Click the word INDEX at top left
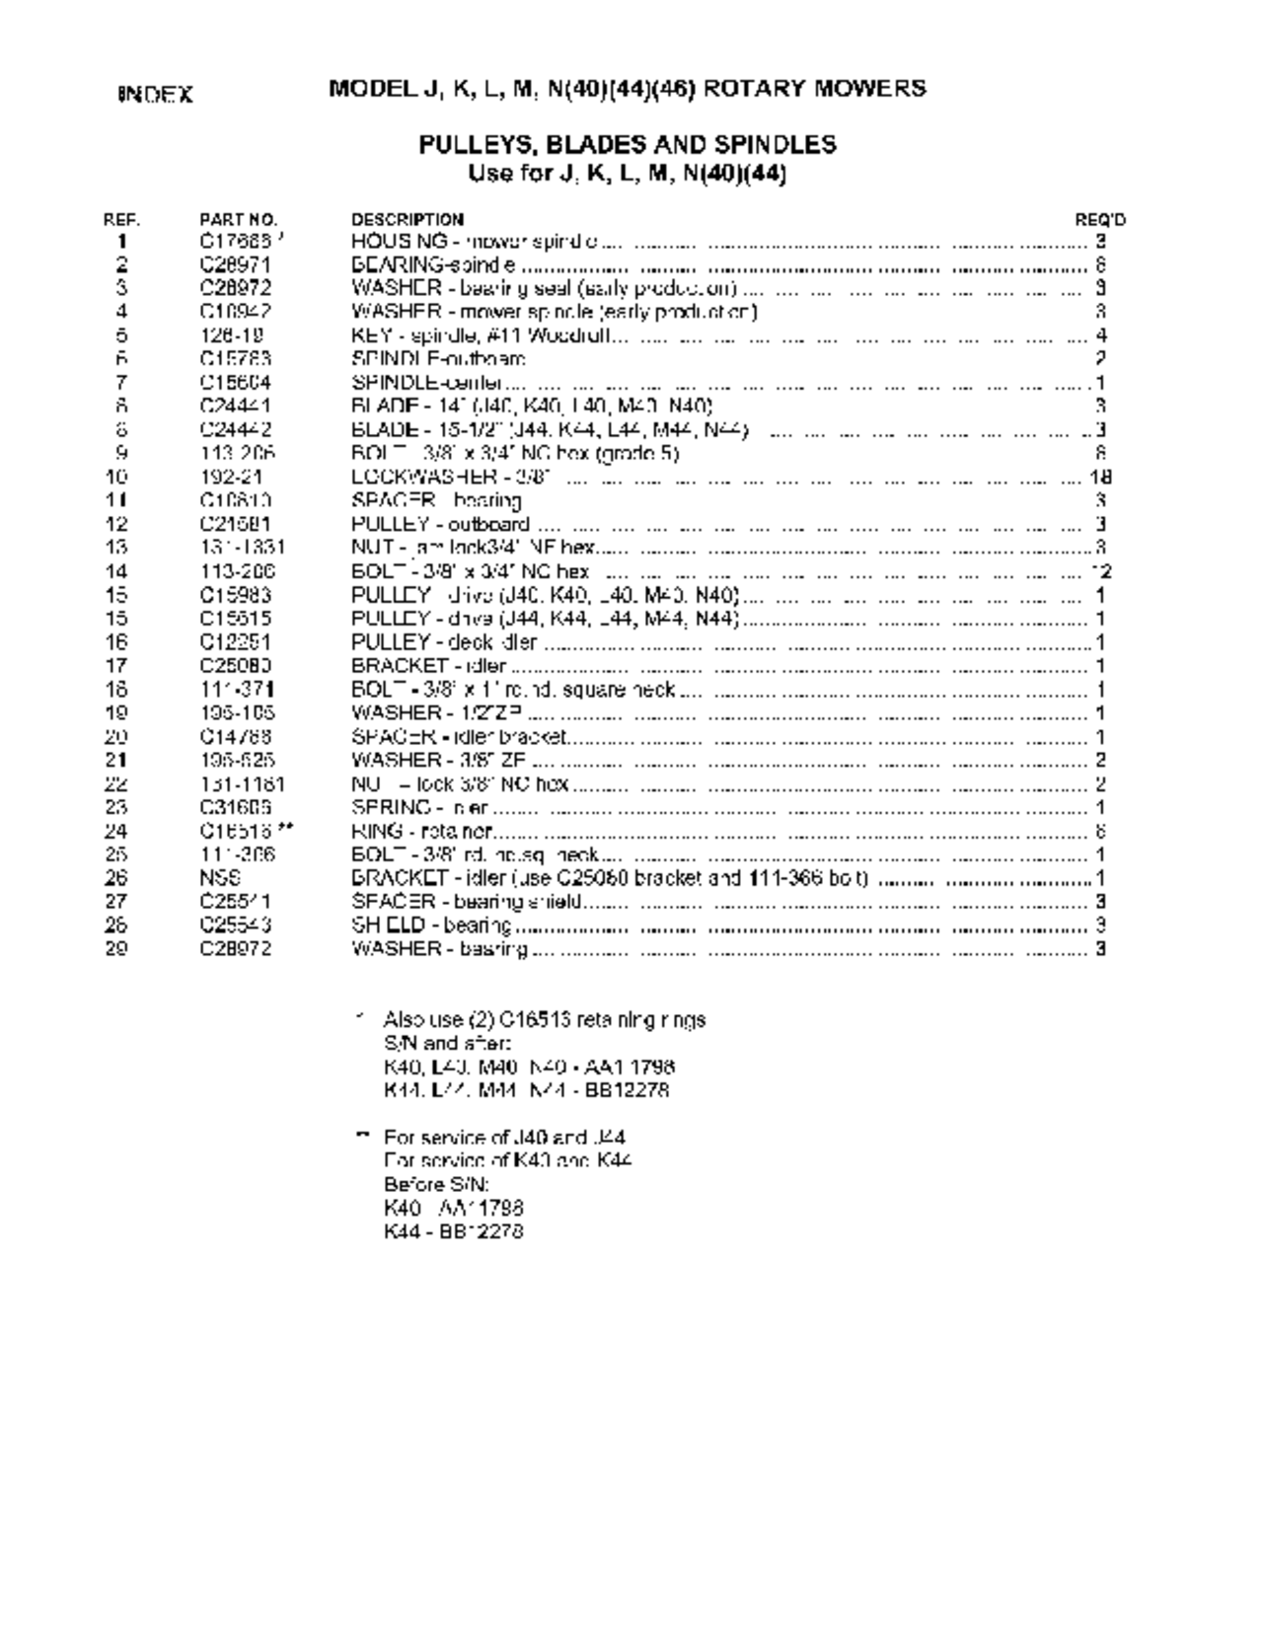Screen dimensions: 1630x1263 click(156, 95)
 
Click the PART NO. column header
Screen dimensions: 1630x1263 click(239, 219)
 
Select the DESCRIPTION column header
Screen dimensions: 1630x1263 click(408, 219)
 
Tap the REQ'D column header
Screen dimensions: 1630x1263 click(1100, 219)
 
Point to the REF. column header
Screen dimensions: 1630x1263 click(121, 219)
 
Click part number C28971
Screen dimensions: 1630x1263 click(235, 264)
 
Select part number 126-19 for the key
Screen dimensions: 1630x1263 click(230, 335)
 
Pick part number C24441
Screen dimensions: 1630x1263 click(235, 406)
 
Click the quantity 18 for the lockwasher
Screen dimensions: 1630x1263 click(1101, 478)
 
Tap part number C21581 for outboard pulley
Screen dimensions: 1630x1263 click(235, 524)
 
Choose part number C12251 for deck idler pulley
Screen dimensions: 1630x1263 click(235, 642)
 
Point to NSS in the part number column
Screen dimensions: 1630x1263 click(215, 878)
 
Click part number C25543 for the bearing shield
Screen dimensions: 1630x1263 click(235, 926)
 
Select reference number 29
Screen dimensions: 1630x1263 click(116, 949)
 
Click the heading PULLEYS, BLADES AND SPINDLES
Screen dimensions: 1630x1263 click(628, 145)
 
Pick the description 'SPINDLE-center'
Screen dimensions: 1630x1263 click(427, 383)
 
